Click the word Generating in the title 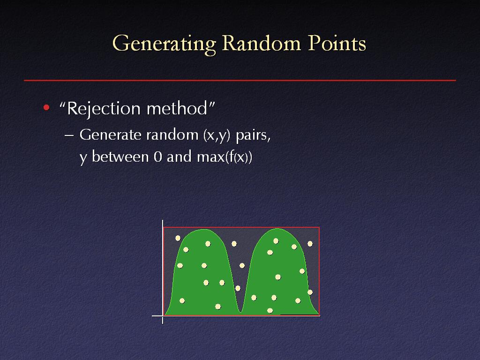[x=165, y=44]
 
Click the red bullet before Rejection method [x=46, y=107]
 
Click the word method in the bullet [x=177, y=108]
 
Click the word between [x=120, y=157]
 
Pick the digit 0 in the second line [x=157, y=157]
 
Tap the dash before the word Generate [x=69, y=135]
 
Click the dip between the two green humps [x=241, y=311]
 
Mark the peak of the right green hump [x=277, y=229]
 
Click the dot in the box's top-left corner [x=178, y=238]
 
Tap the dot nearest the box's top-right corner [x=310, y=244]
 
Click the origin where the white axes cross [x=163, y=315]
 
